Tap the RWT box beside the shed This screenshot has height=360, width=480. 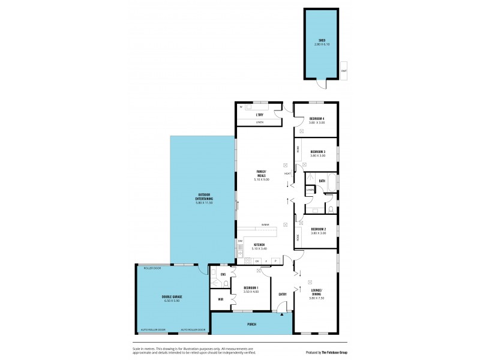tap(344, 70)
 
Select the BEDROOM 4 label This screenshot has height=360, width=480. tap(317, 119)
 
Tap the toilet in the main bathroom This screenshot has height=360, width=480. tap(331, 208)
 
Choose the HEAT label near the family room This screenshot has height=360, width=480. tap(287, 174)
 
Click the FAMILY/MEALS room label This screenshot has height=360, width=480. tap(262, 174)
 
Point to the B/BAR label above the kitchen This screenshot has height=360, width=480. tap(265, 225)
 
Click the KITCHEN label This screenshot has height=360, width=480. tap(259, 245)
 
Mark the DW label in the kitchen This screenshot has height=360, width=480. tap(240, 241)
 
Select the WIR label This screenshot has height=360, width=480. tap(221, 299)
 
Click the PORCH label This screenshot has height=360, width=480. tap(251, 324)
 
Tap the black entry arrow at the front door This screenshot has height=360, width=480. tap(281, 314)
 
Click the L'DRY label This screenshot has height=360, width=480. tap(260, 115)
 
